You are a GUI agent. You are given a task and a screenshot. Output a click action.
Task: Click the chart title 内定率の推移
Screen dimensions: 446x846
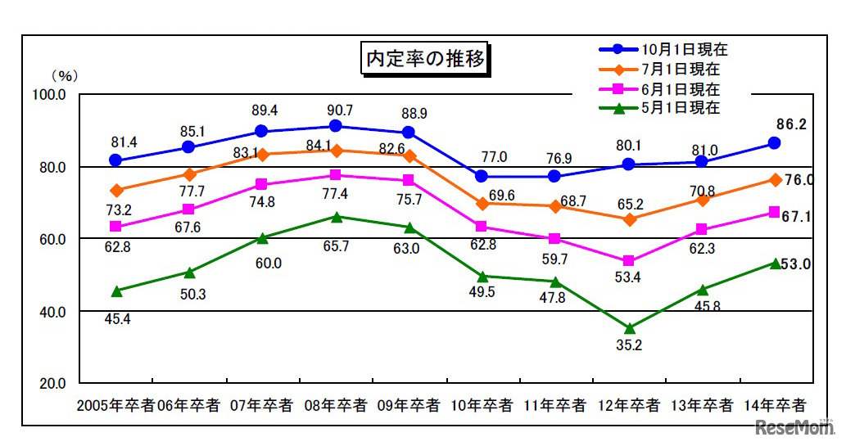click(426, 59)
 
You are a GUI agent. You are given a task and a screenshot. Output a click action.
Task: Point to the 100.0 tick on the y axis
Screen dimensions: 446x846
click(50, 95)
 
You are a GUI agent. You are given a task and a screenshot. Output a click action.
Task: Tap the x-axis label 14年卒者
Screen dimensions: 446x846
click(775, 405)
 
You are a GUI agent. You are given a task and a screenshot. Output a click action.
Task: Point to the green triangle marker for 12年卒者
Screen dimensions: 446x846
click(629, 328)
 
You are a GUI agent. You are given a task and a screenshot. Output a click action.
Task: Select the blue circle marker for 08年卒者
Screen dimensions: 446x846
click(336, 126)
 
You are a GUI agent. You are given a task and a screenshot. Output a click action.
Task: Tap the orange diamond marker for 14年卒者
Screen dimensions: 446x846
click(775, 180)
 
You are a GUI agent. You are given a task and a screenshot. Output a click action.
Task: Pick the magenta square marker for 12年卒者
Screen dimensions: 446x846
click(629, 261)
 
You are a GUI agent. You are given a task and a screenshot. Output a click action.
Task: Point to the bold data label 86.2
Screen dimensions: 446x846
click(790, 125)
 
